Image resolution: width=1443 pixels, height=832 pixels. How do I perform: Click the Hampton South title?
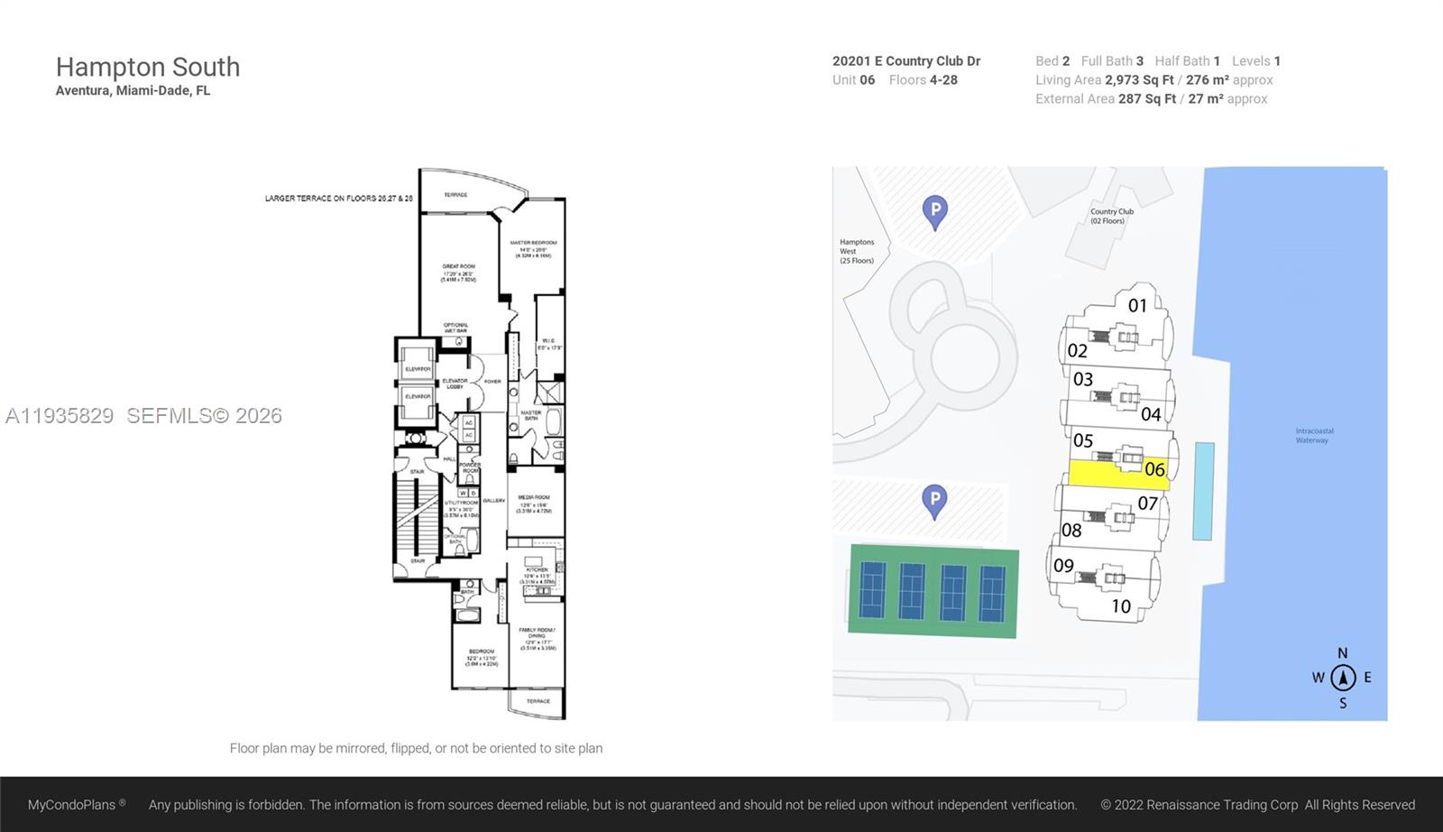pyautogui.click(x=148, y=67)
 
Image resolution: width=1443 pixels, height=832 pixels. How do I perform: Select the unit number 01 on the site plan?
pyautogui.click(x=1137, y=306)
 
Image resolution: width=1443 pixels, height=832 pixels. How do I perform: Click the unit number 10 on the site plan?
pyautogui.click(x=1121, y=606)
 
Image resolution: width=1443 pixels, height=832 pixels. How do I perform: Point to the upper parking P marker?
pyautogui.click(x=935, y=211)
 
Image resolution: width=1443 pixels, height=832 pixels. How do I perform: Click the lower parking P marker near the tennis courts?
pyautogui.click(x=934, y=500)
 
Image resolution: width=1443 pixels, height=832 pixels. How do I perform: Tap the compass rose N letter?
pyautogui.click(x=1342, y=653)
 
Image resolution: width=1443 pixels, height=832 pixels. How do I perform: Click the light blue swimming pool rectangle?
pyautogui.click(x=1203, y=491)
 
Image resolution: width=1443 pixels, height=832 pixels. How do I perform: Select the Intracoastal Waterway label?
pyautogui.click(x=1314, y=436)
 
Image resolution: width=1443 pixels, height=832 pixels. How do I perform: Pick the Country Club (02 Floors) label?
pyautogui.click(x=1111, y=216)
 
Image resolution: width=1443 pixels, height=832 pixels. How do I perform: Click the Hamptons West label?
pyautogui.click(x=856, y=251)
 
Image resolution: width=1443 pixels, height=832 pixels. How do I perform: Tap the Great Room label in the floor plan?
pyautogui.click(x=458, y=273)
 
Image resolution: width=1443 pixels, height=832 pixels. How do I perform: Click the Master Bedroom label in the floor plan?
pyautogui.click(x=533, y=248)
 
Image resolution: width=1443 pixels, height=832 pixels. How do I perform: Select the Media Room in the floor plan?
pyautogui.click(x=534, y=503)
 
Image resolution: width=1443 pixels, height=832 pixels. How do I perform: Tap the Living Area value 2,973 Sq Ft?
pyautogui.click(x=1139, y=79)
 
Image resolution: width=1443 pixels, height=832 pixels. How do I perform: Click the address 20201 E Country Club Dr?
pyautogui.click(x=905, y=60)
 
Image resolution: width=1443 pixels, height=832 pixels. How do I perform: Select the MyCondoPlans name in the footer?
pyautogui.click(x=72, y=804)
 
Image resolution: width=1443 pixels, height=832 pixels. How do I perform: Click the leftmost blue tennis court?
pyautogui.click(x=872, y=590)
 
